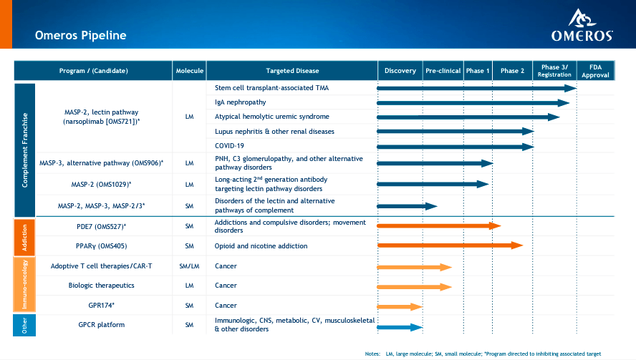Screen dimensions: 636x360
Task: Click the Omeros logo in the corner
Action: (x=582, y=25)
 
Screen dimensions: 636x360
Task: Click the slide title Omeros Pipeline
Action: (x=81, y=35)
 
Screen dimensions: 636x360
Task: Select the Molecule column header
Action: (x=189, y=71)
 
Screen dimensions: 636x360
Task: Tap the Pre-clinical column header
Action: (x=443, y=71)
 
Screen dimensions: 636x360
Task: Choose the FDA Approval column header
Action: (x=595, y=71)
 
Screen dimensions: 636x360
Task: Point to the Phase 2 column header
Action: (x=512, y=71)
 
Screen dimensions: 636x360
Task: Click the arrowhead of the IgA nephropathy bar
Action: (x=564, y=103)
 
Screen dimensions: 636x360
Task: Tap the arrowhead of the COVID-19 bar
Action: (x=528, y=147)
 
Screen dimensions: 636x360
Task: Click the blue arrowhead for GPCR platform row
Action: (x=417, y=328)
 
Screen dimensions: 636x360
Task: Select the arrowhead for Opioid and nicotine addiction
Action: (x=517, y=245)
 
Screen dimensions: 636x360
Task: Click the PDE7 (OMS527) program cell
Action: (x=102, y=226)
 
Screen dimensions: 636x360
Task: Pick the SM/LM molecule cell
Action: (x=189, y=266)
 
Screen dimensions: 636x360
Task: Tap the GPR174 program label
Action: (x=102, y=306)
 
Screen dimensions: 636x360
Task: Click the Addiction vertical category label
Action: (x=24, y=238)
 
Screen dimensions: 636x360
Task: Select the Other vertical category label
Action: (x=24, y=325)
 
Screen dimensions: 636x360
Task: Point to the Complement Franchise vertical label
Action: (x=25, y=150)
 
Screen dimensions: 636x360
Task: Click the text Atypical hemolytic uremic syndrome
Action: (x=271, y=117)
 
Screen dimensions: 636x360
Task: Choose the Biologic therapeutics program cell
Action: (x=102, y=286)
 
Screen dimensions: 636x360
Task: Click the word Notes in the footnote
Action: (x=372, y=354)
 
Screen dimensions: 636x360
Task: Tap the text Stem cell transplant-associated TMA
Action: (x=271, y=88)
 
